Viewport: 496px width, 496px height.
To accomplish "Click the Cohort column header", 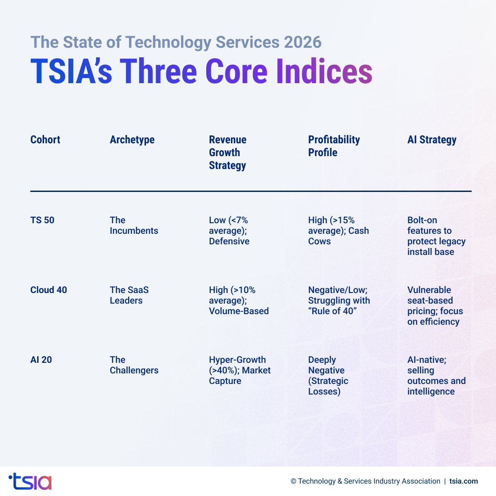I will coord(45,140).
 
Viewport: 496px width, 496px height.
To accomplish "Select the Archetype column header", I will coord(132,140).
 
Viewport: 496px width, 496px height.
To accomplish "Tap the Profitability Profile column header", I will coord(334,146).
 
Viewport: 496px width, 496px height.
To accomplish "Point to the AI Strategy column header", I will coord(432,140).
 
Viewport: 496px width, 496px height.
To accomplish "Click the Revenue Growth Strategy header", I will coord(228,152).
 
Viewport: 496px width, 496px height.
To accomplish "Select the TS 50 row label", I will coord(42,220).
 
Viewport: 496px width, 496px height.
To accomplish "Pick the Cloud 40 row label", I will coord(49,290).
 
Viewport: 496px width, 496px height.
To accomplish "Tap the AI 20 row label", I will coord(41,360).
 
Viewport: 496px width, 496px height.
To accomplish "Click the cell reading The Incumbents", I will coord(134,225).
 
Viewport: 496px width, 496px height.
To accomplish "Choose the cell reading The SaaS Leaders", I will coord(129,295).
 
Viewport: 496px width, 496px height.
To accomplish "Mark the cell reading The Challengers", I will coord(134,365).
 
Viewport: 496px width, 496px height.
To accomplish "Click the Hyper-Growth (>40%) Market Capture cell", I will coord(239,370).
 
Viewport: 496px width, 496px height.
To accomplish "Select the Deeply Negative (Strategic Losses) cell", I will coord(328,376).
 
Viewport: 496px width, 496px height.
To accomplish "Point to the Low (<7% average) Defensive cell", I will coord(229,231).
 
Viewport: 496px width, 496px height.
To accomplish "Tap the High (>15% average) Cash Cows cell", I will coord(338,231).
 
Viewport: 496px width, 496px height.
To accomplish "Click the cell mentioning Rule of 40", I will coord(338,300).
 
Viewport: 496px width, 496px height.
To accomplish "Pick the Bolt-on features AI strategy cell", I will coord(436,236).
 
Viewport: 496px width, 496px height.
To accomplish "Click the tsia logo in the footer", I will coord(30,481).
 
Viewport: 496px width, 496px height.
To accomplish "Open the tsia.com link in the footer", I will coord(463,481).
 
